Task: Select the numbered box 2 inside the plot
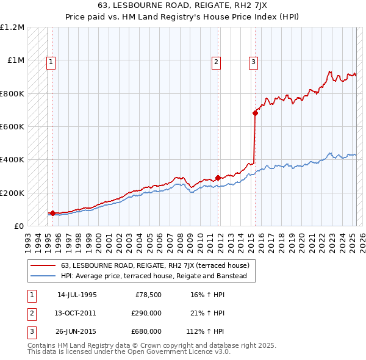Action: (217, 61)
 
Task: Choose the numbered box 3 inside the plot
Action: (253, 61)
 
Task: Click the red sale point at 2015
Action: (255, 113)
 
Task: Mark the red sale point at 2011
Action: (218, 178)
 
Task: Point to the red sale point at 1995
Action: (52, 213)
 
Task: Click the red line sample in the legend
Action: (44, 265)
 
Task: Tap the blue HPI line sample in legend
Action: (44, 276)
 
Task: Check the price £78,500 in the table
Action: (148, 295)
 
